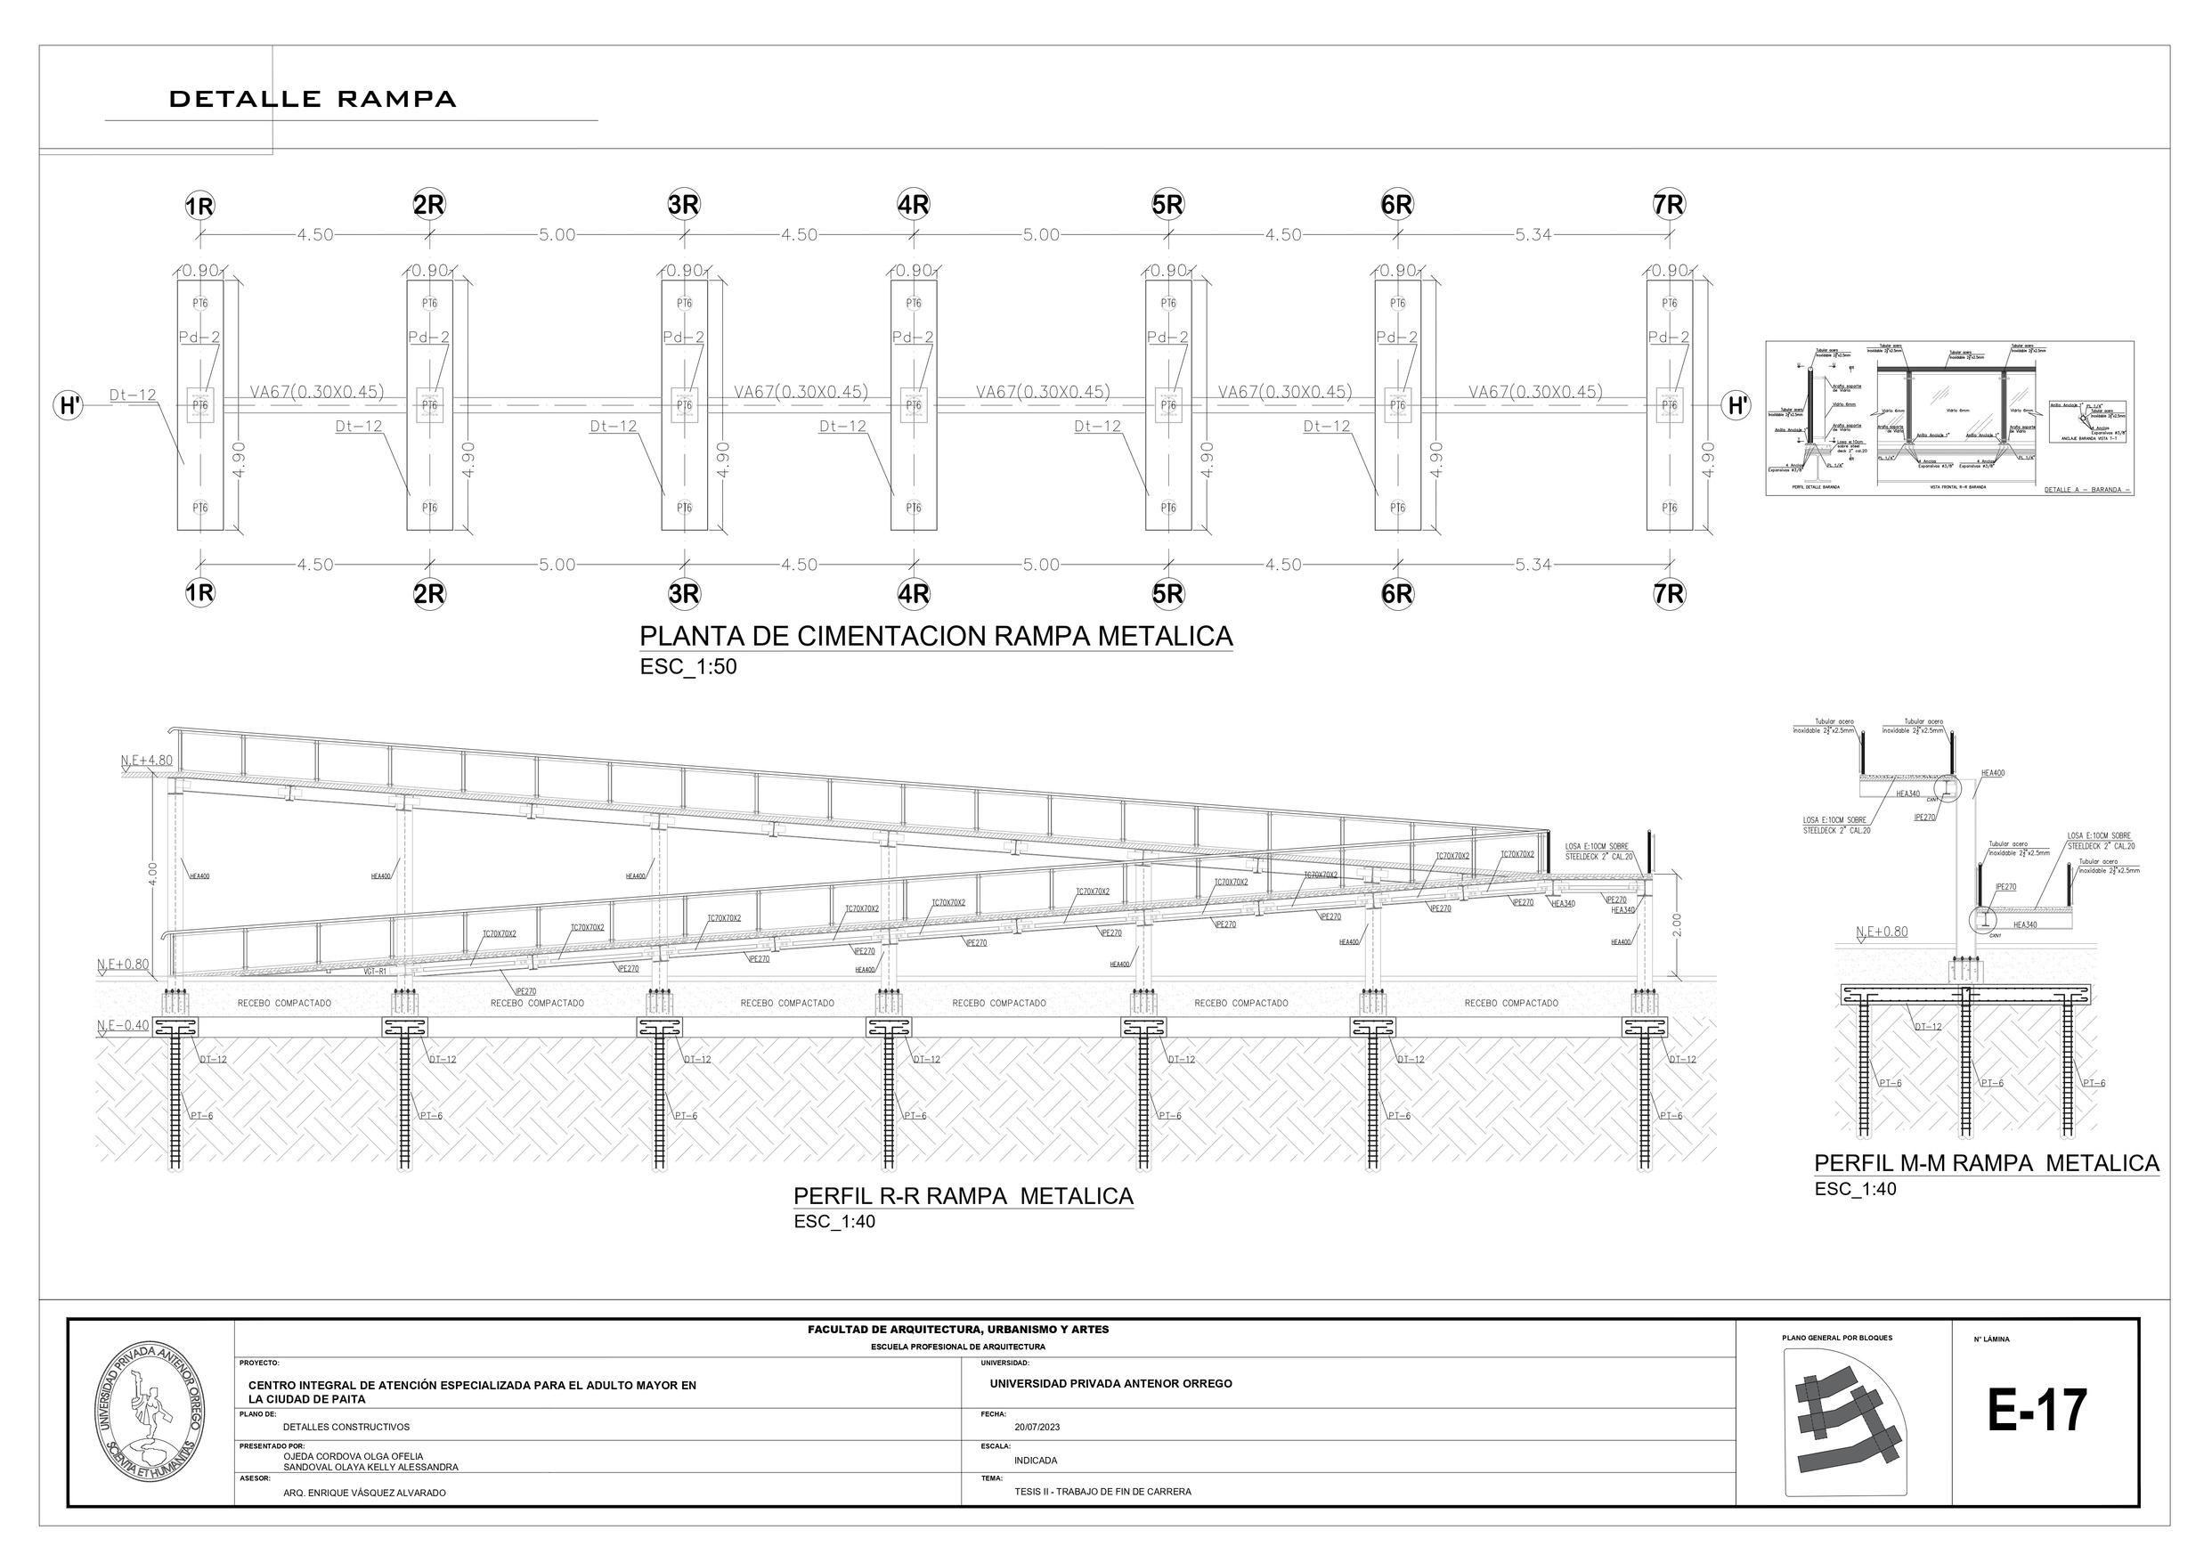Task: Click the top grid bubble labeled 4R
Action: click(x=913, y=205)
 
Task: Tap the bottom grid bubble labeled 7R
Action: click(x=1669, y=595)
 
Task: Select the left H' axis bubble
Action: click(x=69, y=406)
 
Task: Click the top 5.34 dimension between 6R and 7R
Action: click(x=1533, y=235)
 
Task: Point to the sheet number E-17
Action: click(x=2037, y=1411)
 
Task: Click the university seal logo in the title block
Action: click(x=151, y=1412)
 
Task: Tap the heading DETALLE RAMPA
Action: click(x=313, y=99)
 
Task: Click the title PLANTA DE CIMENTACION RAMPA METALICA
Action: click(x=936, y=636)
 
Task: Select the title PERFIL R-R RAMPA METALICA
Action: click(x=963, y=1196)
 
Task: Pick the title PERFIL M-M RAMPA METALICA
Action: click(x=1986, y=1163)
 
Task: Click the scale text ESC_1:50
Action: click(x=687, y=667)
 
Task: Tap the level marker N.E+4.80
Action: click(x=146, y=761)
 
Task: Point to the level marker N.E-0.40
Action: click(x=123, y=1024)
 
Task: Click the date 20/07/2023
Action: click(x=1037, y=1427)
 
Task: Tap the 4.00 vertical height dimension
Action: click(x=153, y=873)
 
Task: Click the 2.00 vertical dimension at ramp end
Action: click(x=1676, y=924)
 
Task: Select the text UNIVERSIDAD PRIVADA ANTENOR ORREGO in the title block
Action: click(x=1110, y=1384)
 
